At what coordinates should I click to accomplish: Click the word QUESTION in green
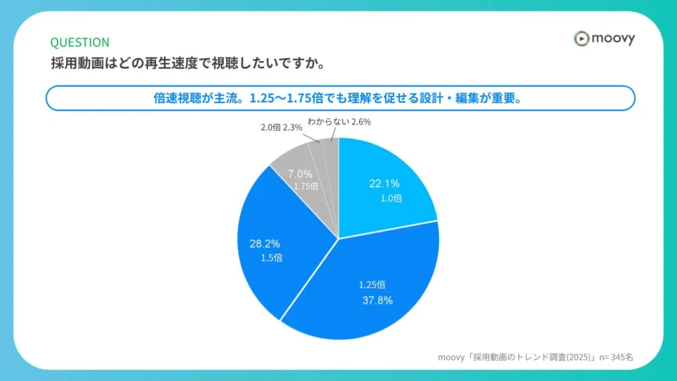click(x=80, y=42)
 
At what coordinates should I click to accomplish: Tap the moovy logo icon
click(x=580, y=39)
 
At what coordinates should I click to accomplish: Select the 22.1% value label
click(x=384, y=184)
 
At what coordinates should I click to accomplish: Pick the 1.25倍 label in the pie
click(x=372, y=284)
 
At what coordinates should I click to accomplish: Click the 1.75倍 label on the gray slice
click(x=306, y=186)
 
